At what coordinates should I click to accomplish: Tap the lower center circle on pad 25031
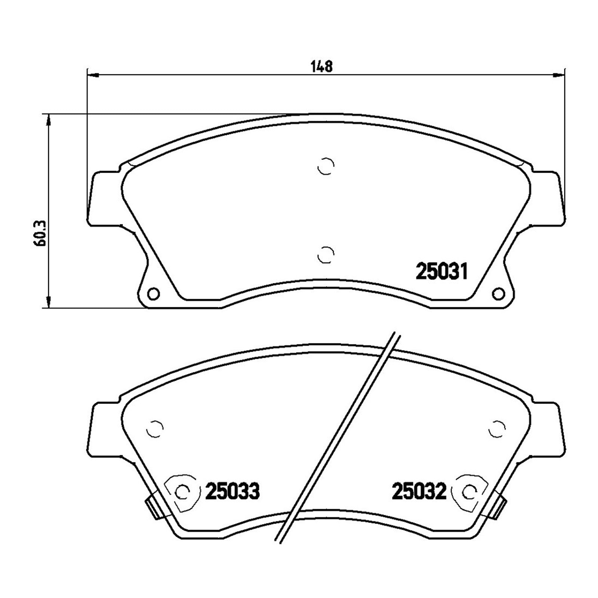click(325, 255)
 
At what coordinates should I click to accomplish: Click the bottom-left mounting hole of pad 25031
click(153, 293)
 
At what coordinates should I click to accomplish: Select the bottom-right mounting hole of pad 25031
click(498, 293)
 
